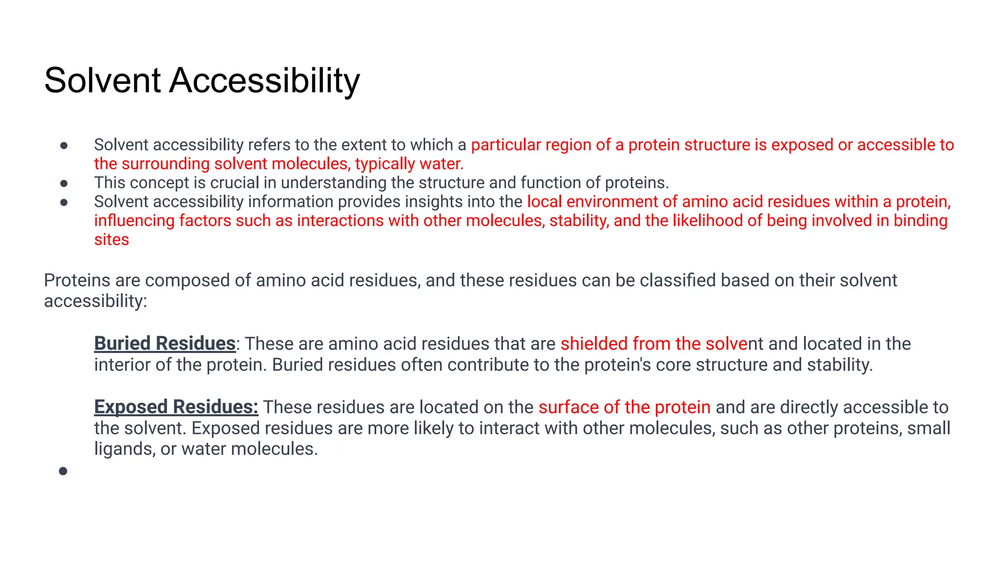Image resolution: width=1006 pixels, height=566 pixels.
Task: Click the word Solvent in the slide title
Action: coord(102,81)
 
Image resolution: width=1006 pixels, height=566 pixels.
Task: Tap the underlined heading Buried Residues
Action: coord(165,343)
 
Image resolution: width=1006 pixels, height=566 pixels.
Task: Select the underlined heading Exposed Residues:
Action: coord(176,407)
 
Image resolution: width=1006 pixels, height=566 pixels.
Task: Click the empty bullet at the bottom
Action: coord(63,471)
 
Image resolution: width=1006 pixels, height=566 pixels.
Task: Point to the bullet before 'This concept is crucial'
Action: coord(64,184)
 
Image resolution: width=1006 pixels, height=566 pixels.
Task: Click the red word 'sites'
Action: coord(112,240)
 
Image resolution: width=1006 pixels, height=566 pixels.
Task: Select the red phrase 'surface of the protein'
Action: coord(624,407)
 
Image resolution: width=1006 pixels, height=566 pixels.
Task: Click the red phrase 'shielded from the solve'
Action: coord(653,343)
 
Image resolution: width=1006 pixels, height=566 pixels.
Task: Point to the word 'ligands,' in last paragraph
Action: coord(125,449)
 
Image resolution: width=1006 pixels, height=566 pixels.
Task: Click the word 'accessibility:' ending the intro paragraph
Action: coord(95,301)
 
